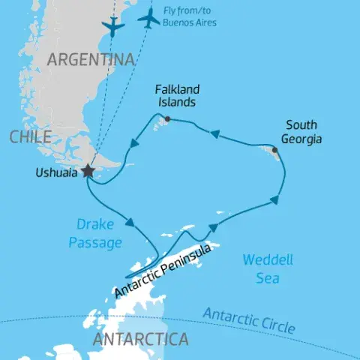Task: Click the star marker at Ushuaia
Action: [88, 171]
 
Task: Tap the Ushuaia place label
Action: [55, 172]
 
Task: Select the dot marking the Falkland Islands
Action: [166, 118]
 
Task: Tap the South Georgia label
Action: [301, 132]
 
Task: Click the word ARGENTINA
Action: [91, 59]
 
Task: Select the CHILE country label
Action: [31, 136]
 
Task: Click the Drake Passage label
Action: [95, 232]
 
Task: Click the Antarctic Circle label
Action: [249, 319]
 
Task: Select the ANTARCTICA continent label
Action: [139, 340]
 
